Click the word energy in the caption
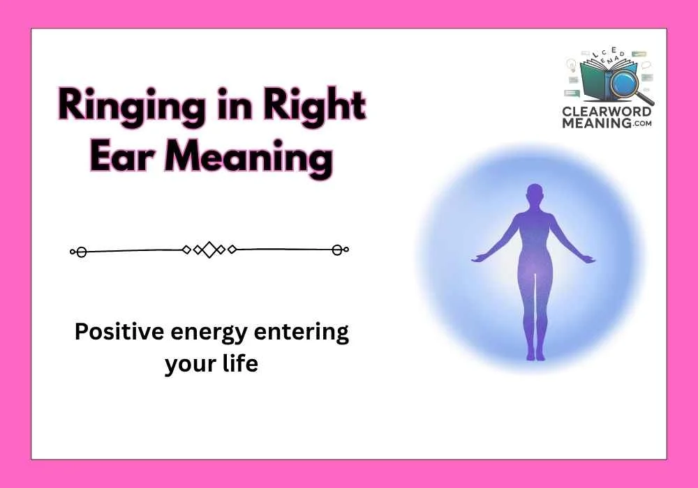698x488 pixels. [207, 333]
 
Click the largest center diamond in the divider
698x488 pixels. [209, 250]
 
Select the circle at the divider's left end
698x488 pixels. [81, 251]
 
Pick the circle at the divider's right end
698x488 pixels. [338, 250]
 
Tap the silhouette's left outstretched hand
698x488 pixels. [479, 259]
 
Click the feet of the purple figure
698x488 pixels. [534, 356]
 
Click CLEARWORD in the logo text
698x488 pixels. [607, 112]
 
